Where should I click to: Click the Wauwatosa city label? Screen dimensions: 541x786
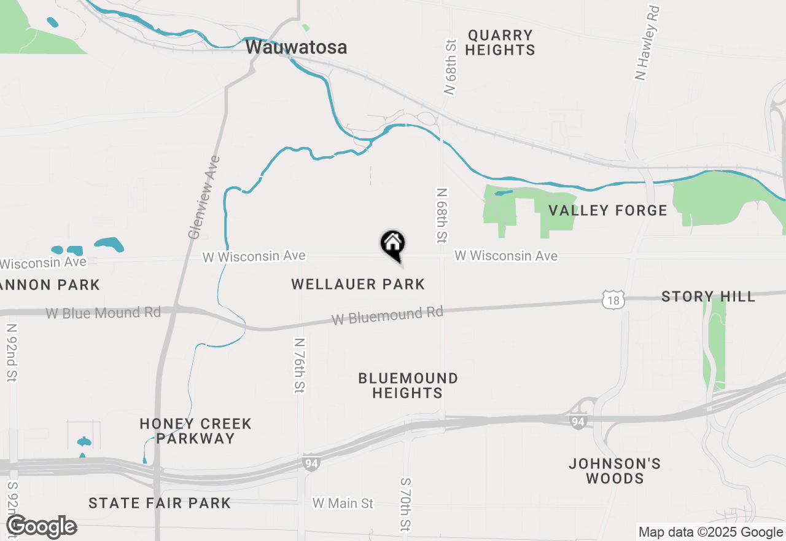pyautogui.click(x=296, y=47)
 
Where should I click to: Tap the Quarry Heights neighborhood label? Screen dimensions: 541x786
pyautogui.click(x=500, y=42)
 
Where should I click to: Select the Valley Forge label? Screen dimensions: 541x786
pyautogui.click(x=607, y=210)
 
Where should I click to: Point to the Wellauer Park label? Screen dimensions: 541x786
pyautogui.click(x=358, y=284)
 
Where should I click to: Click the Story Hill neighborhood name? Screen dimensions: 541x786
pyautogui.click(x=708, y=296)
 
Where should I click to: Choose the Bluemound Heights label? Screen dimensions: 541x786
pyautogui.click(x=408, y=385)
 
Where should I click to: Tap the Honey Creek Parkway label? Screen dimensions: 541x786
pyautogui.click(x=195, y=431)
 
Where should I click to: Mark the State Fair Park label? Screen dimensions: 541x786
pyautogui.click(x=160, y=503)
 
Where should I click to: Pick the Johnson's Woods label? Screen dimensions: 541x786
pyautogui.click(x=615, y=471)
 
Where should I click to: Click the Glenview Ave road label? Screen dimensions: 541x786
pyautogui.click(x=204, y=197)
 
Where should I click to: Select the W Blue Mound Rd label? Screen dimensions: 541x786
pyautogui.click(x=103, y=313)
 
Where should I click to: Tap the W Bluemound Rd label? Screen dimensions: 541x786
pyautogui.click(x=387, y=316)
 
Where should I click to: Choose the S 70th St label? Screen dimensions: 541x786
pyautogui.click(x=405, y=504)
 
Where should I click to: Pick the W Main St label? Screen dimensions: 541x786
pyautogui.click(x=343, y=503)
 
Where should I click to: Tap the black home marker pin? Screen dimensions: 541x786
pyautogui.click(x=393, y=244)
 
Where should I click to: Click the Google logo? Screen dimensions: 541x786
pyautogui.click(x=42, y=527)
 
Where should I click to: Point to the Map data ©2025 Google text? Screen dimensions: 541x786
pyautogui.click(x=710, y=532)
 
